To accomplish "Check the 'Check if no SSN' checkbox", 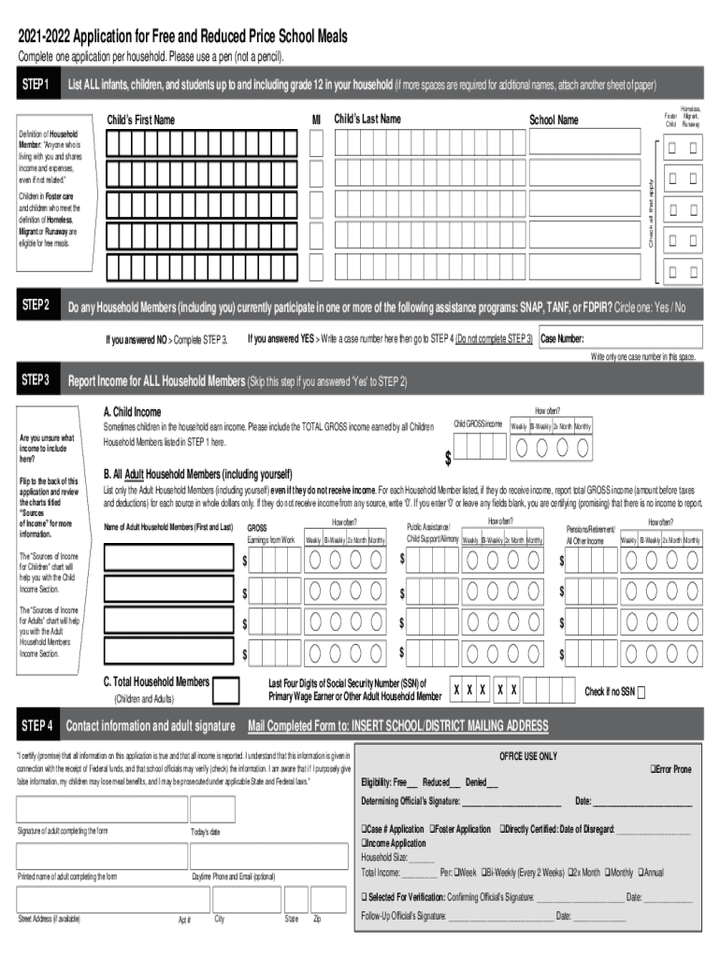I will (x=641, y=692).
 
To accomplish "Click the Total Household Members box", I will (x=225, y=690).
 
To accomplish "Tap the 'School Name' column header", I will (x=554, y=120).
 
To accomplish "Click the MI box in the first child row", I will (x=316, y=142).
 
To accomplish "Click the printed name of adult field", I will (x=98, y=856).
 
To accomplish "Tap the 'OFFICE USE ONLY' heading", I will (x=528, y=755).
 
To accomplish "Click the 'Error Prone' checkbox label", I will (x=668, y=769).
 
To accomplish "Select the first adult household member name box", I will (x=167, y=559).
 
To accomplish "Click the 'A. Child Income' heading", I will (x=132, y=411).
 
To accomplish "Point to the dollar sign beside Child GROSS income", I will (x=448, y=459).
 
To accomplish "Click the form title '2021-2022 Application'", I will (x=182, y=36).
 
